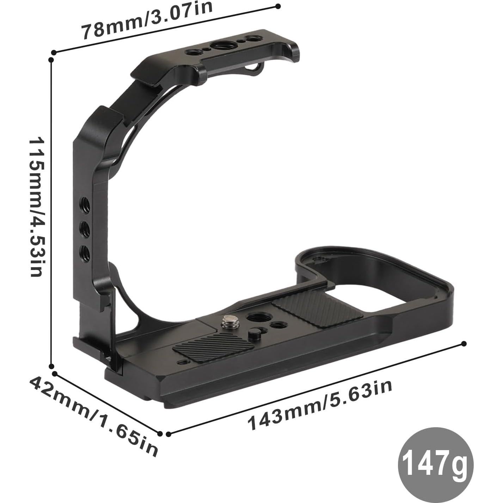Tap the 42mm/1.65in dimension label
click(x=93, y=416)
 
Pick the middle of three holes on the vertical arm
click(x=84, y=227)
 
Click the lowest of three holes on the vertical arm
click(x=84, y=251)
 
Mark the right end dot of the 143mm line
click(x=464, y=344)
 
